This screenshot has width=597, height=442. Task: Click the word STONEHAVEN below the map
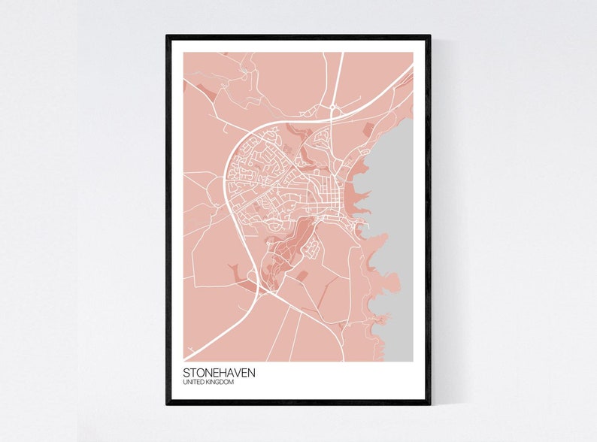(223, 373)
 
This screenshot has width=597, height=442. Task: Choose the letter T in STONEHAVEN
(194, 373)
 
